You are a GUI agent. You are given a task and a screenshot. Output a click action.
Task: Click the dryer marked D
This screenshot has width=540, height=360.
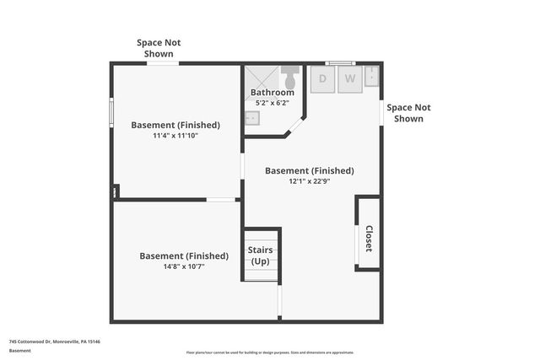[322, 80]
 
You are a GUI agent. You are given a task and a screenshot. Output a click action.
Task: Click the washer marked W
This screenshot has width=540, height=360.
[350, 80]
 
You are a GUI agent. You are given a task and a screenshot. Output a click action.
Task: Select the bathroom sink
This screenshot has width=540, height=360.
[251, 119]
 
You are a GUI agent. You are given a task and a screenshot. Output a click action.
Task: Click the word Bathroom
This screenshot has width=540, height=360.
[272, 93]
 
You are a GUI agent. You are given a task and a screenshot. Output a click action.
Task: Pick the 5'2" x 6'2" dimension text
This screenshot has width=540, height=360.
[272, 103]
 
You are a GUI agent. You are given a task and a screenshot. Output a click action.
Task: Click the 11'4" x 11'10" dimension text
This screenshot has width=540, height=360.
[175, 135]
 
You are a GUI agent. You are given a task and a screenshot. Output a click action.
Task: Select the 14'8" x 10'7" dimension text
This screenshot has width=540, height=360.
[183, 266]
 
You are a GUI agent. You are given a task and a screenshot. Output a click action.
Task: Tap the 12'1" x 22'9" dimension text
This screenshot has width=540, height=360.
[309, 180]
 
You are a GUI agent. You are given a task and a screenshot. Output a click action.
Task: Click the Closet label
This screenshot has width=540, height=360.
[368, 238]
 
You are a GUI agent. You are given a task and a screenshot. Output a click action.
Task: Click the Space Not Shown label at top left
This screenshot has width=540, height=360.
[159, 48]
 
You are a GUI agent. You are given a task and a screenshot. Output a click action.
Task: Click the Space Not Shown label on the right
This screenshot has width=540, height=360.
[408, 113]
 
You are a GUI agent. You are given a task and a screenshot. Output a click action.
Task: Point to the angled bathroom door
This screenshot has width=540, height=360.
[294, 126]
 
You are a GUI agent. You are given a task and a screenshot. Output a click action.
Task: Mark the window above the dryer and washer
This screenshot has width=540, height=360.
[339, 62]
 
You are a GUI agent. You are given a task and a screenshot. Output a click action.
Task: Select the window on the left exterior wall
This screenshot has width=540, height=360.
[111, 112]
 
